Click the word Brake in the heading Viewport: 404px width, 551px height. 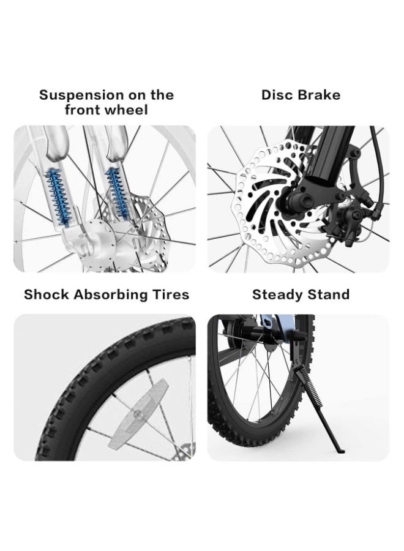click(319, 95)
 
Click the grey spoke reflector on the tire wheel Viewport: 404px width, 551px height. click(139, 413)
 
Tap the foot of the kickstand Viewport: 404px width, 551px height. click(338, 451)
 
